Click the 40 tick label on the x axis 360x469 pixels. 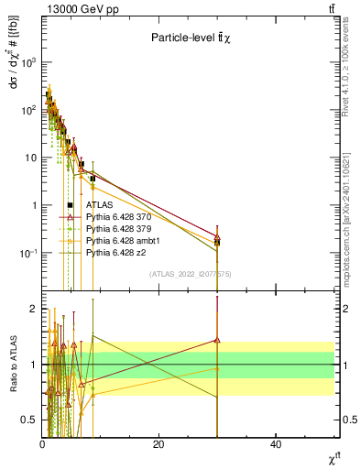[275, 444]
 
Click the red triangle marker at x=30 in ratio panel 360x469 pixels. [217, 340]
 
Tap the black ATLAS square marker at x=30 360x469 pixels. [217, 243]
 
